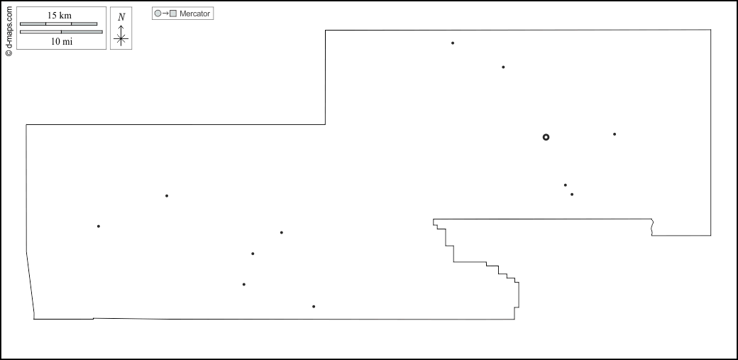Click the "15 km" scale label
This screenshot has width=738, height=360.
point(60,16)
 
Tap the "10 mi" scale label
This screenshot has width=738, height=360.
point(61,41)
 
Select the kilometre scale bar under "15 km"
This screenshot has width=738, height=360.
point(58,24)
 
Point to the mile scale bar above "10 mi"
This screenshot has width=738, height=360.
point(61,32)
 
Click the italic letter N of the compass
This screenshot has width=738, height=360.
point(121,17)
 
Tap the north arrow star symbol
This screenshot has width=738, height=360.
point(121,39)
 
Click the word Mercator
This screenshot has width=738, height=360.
point(195,13)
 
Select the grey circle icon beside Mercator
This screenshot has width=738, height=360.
point(158,13)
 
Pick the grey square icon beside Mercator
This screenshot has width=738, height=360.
point(173,13)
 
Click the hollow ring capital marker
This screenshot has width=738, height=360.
point(546,137)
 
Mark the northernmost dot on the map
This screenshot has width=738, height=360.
point(453,43)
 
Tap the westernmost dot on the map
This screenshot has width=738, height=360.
point(99,227)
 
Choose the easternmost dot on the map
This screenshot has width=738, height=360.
point(615,134)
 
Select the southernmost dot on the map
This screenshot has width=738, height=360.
point(314,307)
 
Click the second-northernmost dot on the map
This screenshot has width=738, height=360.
point(503,67)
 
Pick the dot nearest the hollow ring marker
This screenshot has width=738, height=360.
point(566,185)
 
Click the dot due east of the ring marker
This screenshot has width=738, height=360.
point(615,134)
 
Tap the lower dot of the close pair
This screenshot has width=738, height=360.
point(572,195)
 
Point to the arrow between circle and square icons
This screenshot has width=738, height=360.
point(165,13)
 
